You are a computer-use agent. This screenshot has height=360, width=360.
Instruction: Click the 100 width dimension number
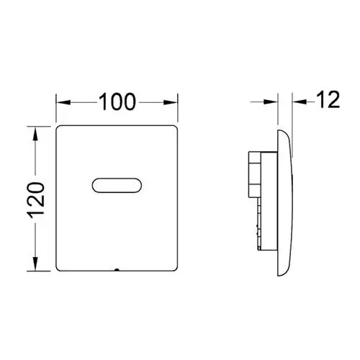coord(117,102)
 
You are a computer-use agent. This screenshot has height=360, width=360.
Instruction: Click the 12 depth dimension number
coord(328,99)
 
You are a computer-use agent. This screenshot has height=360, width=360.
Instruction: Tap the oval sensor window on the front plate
coord(117,185)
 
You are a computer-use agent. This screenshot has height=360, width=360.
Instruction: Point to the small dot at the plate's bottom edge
coord(117,270)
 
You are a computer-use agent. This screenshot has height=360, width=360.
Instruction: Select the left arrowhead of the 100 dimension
coord(63,102)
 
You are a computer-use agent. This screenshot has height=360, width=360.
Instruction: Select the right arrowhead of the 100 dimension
coord(171,102)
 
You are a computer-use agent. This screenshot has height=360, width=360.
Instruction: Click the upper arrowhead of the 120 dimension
coord(35,133)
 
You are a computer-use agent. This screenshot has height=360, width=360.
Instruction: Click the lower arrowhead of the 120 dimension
coord(35,264)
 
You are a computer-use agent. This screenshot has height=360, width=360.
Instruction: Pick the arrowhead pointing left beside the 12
coord(300,102)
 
